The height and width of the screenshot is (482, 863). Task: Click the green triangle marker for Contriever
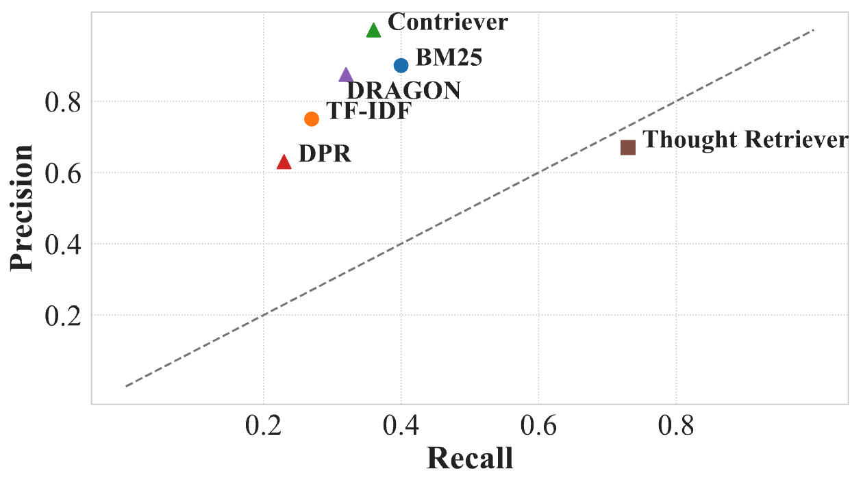[373, 30]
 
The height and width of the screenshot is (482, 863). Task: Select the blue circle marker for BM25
[401, 65]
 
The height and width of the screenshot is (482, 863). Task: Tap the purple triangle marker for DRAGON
[346, 75]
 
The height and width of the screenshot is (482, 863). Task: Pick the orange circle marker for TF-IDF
[312, 119]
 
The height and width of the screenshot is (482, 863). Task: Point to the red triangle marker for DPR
[284, 162]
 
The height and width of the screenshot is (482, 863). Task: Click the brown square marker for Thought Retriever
[628, 147]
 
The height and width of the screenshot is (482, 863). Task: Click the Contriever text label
[448, 22]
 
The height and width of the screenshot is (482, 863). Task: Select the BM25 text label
[449, 58]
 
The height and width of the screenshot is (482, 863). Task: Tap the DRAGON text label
[403, 90]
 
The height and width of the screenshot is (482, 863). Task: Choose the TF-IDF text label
[368, 111]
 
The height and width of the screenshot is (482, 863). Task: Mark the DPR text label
[325, 154]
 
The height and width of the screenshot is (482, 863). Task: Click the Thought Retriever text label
[746, 140]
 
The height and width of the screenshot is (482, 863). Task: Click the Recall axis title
[470, 459]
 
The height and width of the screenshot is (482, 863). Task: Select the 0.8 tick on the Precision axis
[62, 102]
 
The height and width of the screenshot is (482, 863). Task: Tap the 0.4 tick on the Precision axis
[62, 244]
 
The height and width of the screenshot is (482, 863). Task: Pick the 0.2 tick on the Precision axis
[62, 316]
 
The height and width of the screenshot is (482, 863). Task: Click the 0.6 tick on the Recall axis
[538, 426]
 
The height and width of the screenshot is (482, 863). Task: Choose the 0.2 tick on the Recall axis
[264, 426]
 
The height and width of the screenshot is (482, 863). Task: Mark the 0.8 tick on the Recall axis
[676, 426]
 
